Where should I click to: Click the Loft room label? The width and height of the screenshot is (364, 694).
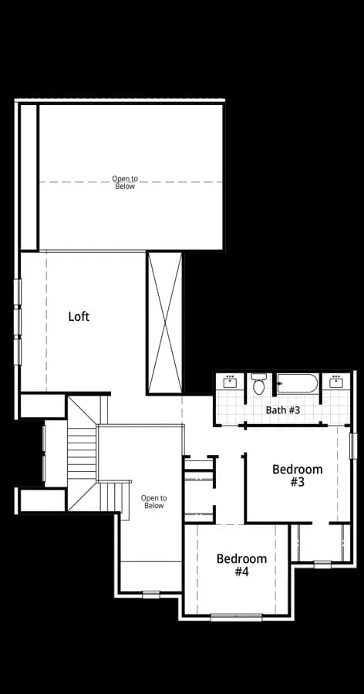79,316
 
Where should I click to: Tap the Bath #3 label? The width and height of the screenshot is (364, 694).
283,410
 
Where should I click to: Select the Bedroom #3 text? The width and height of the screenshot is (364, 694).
297,475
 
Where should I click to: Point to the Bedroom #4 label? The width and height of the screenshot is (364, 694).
241,565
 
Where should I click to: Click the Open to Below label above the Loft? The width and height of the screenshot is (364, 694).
125,182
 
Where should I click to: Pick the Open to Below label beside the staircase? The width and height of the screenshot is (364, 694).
154,501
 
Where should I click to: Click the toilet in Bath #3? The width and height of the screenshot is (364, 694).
258,384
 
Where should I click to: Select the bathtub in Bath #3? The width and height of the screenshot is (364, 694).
298,383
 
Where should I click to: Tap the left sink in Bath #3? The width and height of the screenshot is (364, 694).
230,382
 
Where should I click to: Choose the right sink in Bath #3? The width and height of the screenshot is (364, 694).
336,382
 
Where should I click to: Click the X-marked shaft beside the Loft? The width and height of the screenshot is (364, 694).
165,322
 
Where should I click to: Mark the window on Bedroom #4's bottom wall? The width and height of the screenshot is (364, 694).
237,617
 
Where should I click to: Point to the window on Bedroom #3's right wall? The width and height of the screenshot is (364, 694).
353,446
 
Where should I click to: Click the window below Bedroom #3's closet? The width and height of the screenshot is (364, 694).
322,564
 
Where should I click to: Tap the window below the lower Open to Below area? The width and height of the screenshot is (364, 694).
151,595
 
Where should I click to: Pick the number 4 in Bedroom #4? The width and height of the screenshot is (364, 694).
245,572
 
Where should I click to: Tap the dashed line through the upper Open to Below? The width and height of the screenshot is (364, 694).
131,182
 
